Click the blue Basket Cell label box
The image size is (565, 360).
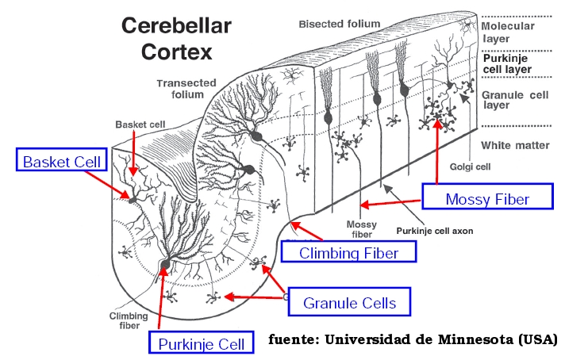pos(62,159)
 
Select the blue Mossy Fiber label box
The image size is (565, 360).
pos(487,196)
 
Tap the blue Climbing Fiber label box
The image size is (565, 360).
pos(348,251)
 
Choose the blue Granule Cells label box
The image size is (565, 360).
pos(349,301)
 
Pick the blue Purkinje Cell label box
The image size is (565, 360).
pos(202,343)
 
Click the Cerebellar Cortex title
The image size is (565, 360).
pos(176,39)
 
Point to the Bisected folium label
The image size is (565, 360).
pos(340,24)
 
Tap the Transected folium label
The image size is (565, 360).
pos(186,89)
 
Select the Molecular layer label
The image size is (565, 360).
pos(507,32)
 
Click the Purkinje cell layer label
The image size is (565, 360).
pos(507,63)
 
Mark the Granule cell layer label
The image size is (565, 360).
pos(515,100)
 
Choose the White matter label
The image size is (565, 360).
pos(515,145)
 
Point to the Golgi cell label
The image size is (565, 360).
pos(470,167)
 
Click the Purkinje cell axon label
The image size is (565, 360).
pos(435,231)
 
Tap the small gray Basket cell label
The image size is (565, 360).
pos(140,124)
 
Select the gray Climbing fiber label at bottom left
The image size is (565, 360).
pos(129,321)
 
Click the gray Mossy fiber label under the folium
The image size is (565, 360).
pos(361,229)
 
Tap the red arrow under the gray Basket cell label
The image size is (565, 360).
pos(133,153)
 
